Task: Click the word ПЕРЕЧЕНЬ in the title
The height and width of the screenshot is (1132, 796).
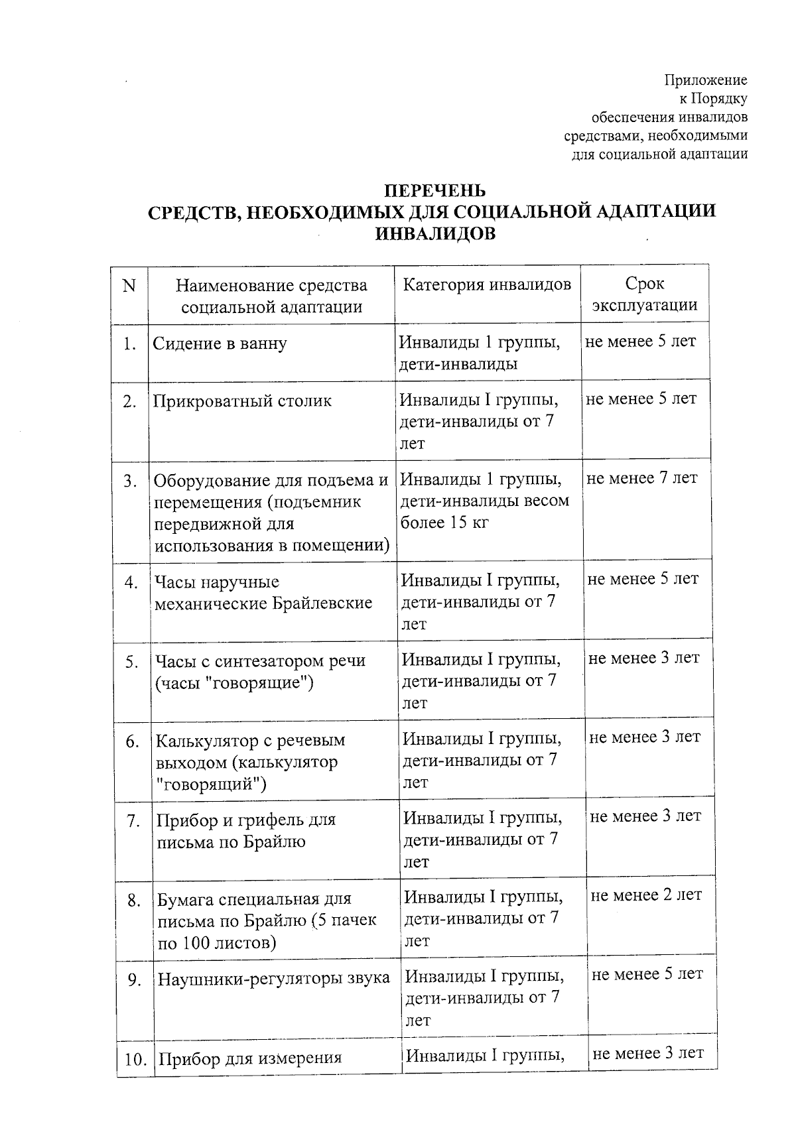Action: click(x=436, y=191)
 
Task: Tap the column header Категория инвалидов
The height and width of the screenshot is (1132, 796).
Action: click(x=487, y=284)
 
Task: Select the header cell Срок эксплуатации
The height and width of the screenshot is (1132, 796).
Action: click(x=644, y=294)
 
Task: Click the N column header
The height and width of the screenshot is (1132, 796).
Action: click(x=129, y=286)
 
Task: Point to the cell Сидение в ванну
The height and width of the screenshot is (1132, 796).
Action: click(x=220, y=344)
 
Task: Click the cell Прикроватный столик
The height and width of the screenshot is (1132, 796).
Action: click(x=242, y=401)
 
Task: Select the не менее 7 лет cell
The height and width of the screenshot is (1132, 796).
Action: click(x=642, y=478)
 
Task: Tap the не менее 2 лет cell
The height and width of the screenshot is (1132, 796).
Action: click(x=645, y=895)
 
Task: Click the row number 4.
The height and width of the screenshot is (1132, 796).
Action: click(x=131, y=582)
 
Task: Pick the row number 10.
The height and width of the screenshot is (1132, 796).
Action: click(x=135, y=1060)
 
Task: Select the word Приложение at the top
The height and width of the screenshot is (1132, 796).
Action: click(x=706, y=80)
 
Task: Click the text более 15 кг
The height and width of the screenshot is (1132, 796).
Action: click(x=444, y=523)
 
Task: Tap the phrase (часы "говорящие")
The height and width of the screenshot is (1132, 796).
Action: click(x=233, y=683)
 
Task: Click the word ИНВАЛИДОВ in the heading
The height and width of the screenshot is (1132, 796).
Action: click(x=435, y=234)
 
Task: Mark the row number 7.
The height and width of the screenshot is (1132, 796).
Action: click(x=133, y=821)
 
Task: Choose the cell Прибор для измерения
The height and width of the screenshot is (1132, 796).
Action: click(x=249, y=1058)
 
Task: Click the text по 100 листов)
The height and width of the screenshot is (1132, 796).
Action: click(x=217, y=942)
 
